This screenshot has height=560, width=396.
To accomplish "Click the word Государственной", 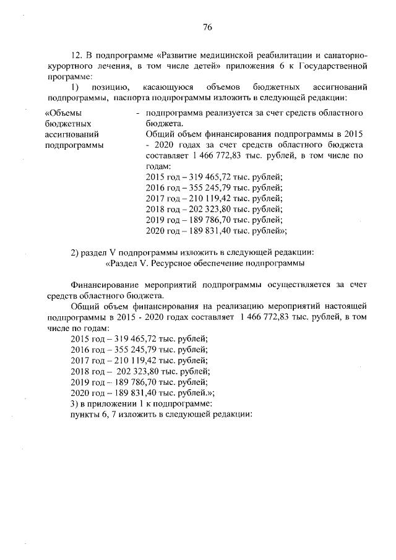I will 337,65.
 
